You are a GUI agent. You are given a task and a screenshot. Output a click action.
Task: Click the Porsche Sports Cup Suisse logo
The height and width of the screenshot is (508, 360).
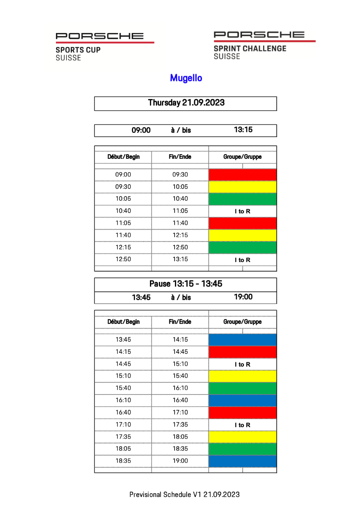tap(105, 46)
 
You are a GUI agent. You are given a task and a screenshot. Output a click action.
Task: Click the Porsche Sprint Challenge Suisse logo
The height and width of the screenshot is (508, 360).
tap(264, 45)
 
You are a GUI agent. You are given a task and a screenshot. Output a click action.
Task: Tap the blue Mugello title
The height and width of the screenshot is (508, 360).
tap(186, 78)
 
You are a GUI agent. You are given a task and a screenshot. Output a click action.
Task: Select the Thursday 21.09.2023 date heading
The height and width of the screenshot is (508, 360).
tap(186, 103)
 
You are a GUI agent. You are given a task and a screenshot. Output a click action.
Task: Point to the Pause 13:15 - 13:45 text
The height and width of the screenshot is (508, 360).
tap(186, 284)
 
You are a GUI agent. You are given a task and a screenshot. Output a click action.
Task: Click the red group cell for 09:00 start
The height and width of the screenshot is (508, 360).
tap(242, 174)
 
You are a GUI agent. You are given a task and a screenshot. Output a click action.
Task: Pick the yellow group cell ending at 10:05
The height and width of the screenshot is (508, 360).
tap(242, 187)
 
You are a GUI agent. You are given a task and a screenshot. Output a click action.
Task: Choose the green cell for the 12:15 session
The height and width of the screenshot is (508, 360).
tap(242, 247)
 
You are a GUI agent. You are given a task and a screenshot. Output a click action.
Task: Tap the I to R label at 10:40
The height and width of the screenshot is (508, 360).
tap(242, 211)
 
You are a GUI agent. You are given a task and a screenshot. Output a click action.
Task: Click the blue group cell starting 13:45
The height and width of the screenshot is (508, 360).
tap(242, 340)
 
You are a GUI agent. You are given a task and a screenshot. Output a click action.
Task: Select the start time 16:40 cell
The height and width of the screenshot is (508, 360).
tap(123, 412)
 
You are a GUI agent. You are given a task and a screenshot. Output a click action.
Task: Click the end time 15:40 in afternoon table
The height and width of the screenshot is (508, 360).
tap(180, 376)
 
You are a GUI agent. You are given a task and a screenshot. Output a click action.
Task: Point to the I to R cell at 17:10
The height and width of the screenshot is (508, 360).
tap(242, 425)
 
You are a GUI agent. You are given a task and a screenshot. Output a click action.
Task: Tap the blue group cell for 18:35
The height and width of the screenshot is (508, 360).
tap(242, 461)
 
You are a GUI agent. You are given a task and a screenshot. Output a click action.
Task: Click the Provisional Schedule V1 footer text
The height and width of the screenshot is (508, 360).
tap(185, 494)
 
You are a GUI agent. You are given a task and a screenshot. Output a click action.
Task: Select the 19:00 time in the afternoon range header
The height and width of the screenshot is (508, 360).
tap(243, 297)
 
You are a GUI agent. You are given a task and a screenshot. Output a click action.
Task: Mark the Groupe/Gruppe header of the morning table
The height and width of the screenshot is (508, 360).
tap(242, 157)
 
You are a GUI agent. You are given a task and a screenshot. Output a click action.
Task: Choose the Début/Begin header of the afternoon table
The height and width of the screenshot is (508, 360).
tap(123, 322)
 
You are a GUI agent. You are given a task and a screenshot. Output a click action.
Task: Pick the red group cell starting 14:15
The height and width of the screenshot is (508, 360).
tap(242, 352)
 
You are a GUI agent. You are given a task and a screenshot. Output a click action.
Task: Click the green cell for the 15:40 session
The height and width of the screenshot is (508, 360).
tap(242, 388)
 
